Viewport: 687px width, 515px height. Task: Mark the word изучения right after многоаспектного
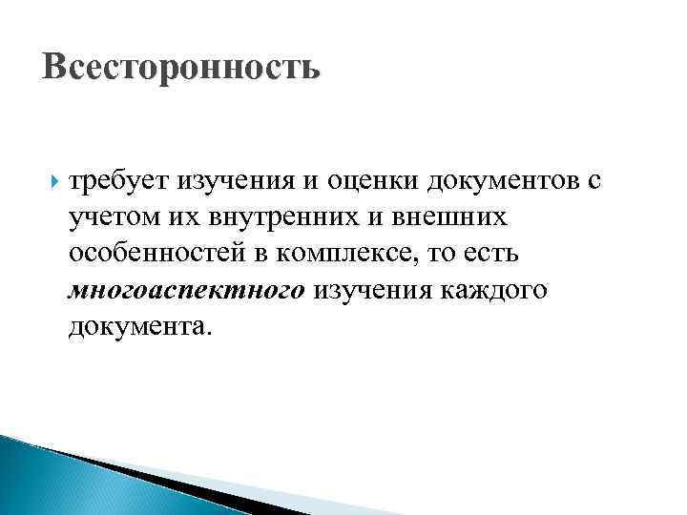click(366, 291)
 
